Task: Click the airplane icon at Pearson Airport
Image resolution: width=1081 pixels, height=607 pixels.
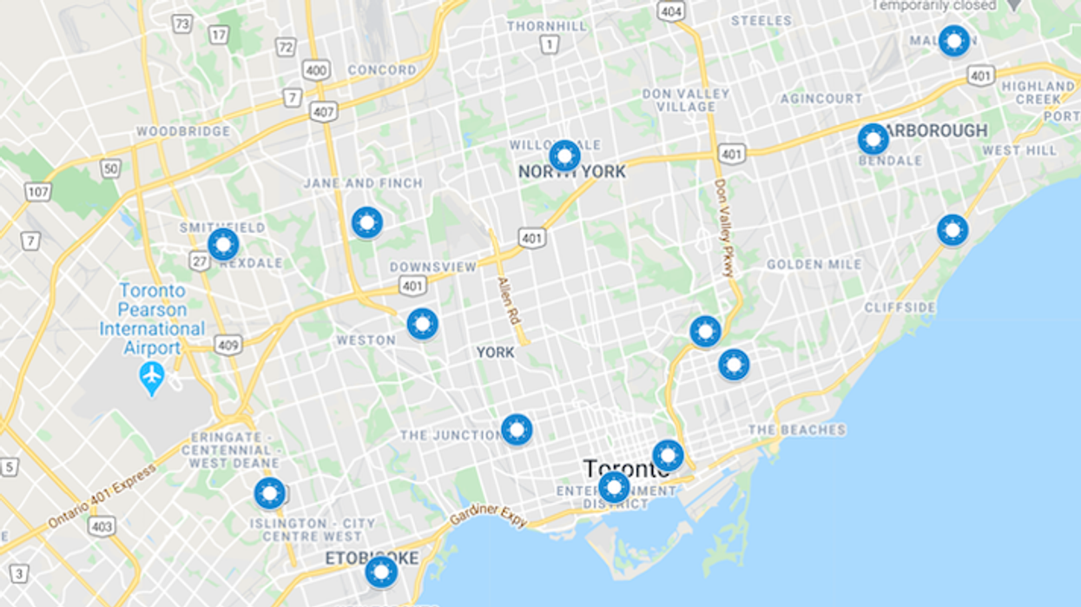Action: click(x=152, y=377)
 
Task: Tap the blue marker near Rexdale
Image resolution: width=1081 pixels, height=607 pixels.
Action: click(x=223, y=244)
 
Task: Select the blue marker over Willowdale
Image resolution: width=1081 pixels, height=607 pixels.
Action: click(x=564, y=155)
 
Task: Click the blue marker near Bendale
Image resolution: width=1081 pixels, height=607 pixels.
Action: click(x=873, y=139)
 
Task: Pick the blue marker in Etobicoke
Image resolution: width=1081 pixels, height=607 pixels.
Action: click(x=380, y=572)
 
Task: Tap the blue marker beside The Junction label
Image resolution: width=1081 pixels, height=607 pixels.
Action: click(x=517, y=429)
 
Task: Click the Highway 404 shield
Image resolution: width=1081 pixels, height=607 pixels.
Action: click(x=670, y=11)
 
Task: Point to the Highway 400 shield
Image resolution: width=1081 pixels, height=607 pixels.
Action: click(x=315, y=69)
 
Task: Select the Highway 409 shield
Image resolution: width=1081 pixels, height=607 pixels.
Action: click(x=228, y=346)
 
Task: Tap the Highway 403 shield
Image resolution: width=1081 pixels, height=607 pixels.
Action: click(x=101, y=525)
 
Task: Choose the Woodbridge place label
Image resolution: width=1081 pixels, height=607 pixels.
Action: click(x=183, y=131)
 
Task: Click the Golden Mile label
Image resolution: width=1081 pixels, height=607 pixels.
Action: click(x=814, y=264)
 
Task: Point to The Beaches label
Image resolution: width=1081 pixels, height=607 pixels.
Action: click(x=796, y=430)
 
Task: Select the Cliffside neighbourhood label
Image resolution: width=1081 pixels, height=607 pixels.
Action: click(x=900, y=307)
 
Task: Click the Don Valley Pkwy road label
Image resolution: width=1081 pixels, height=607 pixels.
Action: click(x=722, y=228)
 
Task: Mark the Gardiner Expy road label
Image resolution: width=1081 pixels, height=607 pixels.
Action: click(x=488, y=516)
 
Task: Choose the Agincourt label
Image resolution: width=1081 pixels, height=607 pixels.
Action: click(x=821, y=99)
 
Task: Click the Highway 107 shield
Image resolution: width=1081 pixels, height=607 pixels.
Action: click(x=37, y=191)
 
